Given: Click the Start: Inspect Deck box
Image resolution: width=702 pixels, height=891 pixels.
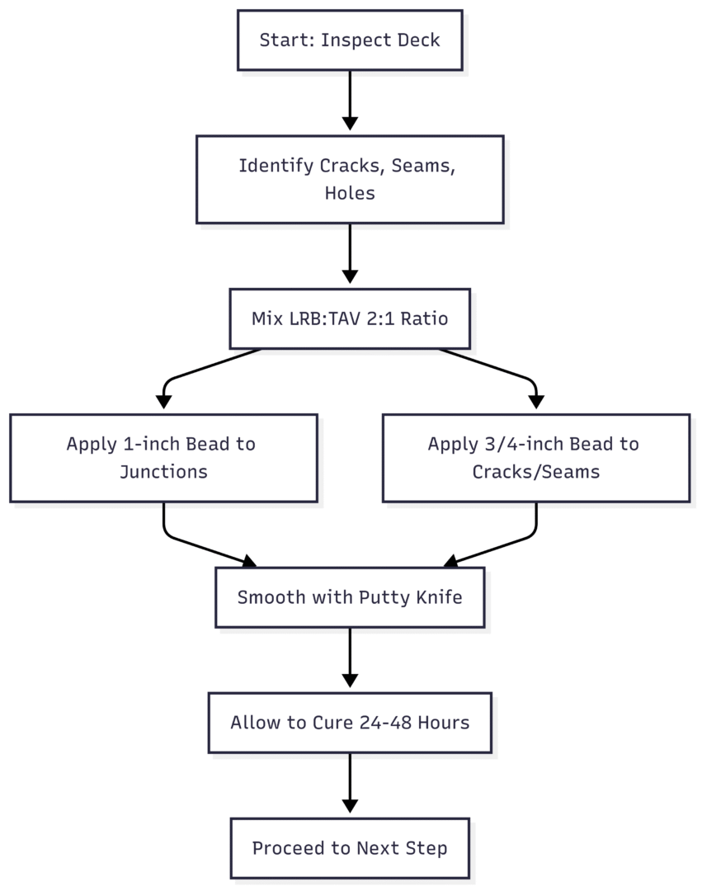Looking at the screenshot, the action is (x=350, y=40).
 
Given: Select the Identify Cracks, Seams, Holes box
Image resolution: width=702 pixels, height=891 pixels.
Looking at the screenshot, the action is (x=350, y=179).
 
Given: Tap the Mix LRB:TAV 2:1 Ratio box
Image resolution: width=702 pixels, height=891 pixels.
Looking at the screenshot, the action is (x=350, y=318).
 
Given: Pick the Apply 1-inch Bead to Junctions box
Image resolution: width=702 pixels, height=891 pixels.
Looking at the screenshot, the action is (x=163, y=458).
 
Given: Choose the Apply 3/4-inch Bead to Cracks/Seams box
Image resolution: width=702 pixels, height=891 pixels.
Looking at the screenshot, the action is (x=536, y=458).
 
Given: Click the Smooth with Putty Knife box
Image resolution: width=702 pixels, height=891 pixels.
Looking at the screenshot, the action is (x=350, y=597).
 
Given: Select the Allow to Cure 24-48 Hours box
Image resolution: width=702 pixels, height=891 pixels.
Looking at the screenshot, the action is (x=350, y=723).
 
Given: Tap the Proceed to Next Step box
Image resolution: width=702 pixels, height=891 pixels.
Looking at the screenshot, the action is (x=350, y=848).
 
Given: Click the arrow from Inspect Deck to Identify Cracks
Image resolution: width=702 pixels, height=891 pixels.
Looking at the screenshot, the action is (x=350, y=101).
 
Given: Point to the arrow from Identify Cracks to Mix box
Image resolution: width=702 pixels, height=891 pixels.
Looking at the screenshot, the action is (x=350, y=253).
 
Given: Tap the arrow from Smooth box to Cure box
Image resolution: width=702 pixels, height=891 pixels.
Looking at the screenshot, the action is (x=350, y=658).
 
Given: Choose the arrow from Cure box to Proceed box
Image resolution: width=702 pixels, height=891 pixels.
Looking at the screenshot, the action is (x=350, y=783).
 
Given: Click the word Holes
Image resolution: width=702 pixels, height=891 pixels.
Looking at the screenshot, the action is (x=350, y=193).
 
